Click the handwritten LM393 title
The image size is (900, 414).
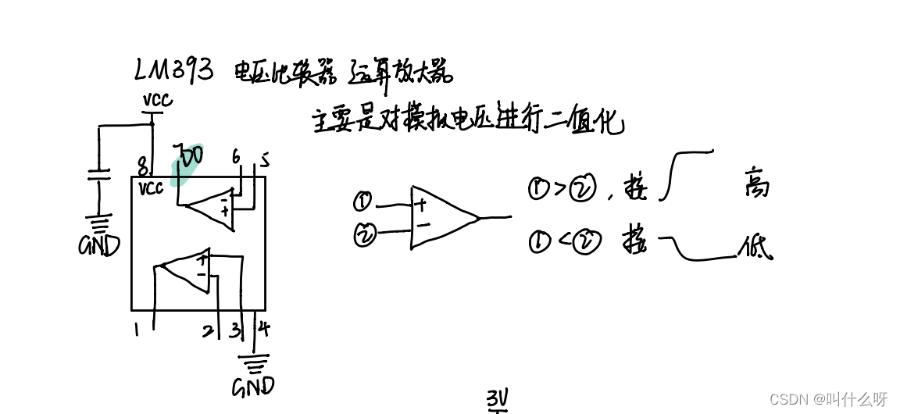click(173, 70)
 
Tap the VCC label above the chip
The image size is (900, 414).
click(157, 100)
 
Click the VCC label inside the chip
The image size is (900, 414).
click(152, 188)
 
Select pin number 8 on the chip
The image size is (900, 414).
click(142, 166)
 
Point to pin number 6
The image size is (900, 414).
click(236, 157)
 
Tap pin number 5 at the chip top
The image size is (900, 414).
click(265, 161)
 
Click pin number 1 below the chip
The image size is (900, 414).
click(137, 330)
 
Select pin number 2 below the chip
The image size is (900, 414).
click(207, 331)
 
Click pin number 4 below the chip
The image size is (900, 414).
click(264, 328)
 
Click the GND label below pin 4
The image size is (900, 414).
click(254, 386)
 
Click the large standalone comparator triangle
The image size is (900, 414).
click(440, 217)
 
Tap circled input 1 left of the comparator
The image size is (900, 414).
click(362, 202)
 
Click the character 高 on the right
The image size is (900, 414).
click(756, 184)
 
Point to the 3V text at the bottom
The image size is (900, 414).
click(498, 400)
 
